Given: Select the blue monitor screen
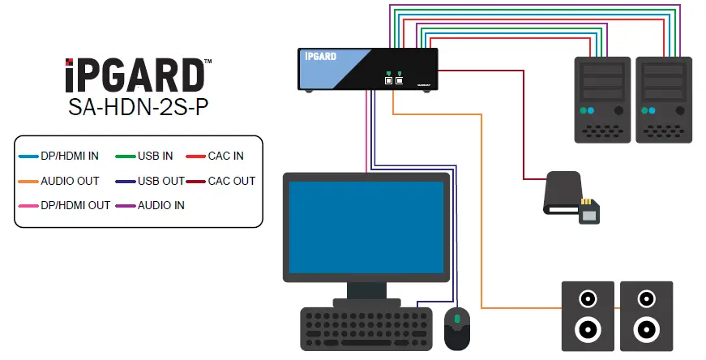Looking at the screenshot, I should pos(366,226).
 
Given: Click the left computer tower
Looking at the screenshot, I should pos(602,99).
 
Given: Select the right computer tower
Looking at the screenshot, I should pos(664,99).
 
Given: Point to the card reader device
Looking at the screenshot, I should pos(567,195).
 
